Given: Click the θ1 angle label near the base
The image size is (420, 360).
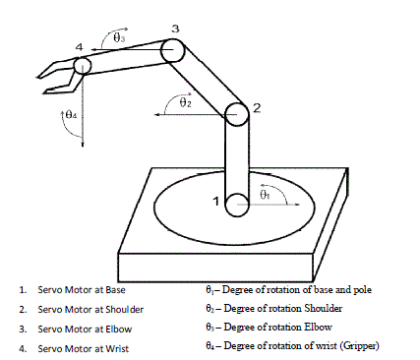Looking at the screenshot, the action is click(265, 195).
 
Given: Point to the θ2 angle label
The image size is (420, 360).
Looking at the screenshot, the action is click(186, 102).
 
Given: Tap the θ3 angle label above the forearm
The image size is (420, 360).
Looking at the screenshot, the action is click(119, 38).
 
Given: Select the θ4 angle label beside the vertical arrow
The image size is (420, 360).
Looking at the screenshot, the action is click(71, 115).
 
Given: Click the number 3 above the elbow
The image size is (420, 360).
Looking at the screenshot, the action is click(176, 29).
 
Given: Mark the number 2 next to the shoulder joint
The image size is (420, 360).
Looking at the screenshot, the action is click(257, 108).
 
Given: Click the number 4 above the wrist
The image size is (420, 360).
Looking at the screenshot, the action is click(80, 47).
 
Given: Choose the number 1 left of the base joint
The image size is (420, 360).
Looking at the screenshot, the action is click(215, 201).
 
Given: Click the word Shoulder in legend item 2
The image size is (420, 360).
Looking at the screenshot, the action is click(125, 310).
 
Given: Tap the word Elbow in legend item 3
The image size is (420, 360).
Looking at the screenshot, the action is click(119, 330).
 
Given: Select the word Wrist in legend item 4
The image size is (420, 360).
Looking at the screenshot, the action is click(117, 348).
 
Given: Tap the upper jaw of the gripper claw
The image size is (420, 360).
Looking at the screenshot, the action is click(55, 69).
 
